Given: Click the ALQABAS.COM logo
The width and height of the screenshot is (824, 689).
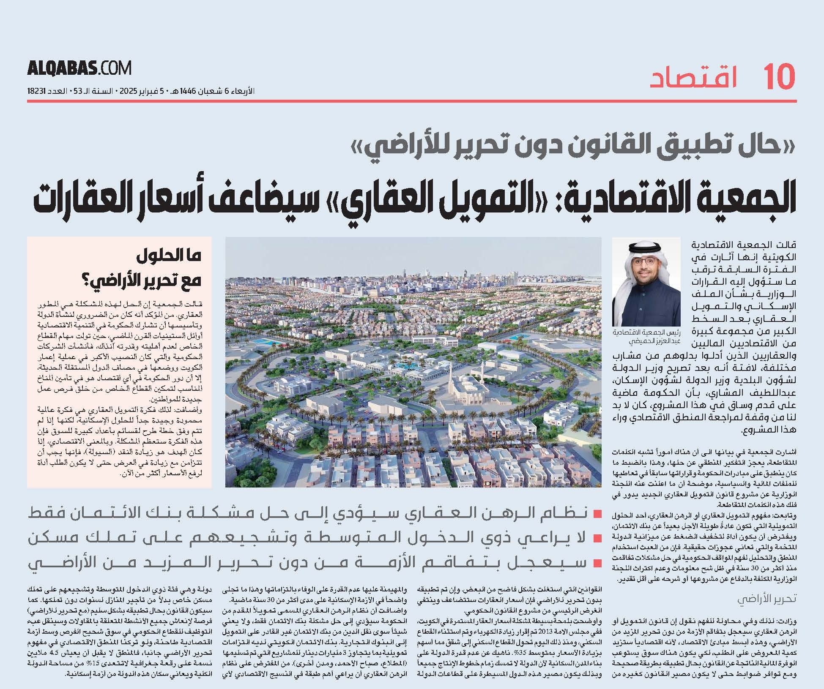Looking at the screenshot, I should (x=79, y=68).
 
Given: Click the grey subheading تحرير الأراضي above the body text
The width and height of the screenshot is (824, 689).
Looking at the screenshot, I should (x=767, y=599).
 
